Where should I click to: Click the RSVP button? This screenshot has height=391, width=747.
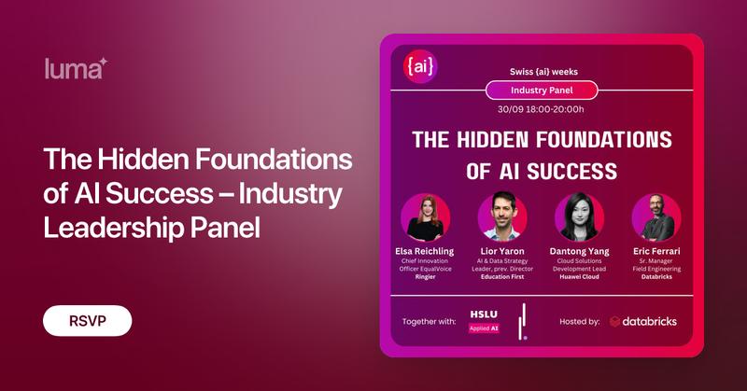point(87,320)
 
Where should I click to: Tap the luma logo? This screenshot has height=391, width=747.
point(77,66)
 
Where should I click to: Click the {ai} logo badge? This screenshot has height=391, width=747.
point(421,67)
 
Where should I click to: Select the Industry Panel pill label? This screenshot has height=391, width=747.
point(542,91)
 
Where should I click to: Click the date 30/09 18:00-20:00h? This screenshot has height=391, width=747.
point(542,110)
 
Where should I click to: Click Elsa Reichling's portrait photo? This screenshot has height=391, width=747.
point(426,217)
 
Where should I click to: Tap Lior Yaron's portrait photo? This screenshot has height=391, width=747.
point(503,217)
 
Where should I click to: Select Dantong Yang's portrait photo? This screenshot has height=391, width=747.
point(579,217)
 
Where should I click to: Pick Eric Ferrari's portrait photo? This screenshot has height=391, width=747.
point(655,217)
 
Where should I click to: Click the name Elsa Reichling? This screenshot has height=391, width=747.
point(426,252)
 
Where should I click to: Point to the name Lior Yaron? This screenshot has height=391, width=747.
point(503,252)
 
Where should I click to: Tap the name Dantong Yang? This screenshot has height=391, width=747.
point(579,252)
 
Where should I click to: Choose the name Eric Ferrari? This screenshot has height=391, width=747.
point(655,252)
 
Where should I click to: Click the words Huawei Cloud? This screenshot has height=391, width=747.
point(579,277)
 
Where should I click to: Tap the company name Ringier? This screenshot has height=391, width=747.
point(426,277)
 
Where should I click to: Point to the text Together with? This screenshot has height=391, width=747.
point(429,321)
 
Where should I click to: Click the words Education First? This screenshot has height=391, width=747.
point(503,277)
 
